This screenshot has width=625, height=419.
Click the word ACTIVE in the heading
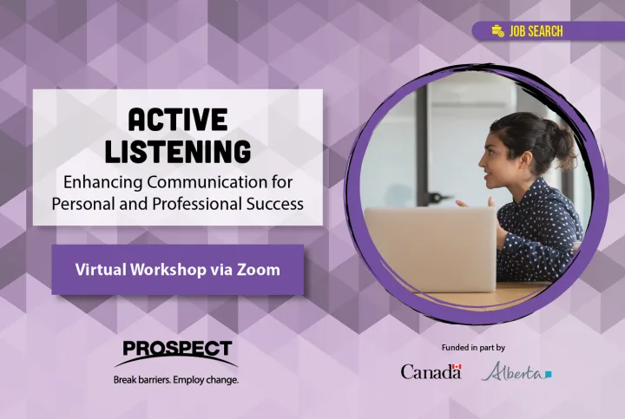tap(177, 120)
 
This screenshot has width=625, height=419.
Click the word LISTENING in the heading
tap(178, 151)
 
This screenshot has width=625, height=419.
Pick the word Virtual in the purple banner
tap(101, 270)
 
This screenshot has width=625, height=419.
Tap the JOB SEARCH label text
tap(536, 31)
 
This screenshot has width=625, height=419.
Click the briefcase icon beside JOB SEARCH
tap(498, 31)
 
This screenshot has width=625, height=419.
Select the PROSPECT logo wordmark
tap(177, 349)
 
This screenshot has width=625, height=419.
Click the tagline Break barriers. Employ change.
tap(176, 380)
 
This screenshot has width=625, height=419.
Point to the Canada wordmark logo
tap(431, 371)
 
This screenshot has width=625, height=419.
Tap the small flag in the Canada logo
tap(457, 366)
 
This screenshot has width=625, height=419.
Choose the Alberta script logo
tap(516, 371)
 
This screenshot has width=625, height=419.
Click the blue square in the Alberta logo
tap(549, 374)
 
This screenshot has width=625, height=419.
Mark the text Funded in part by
tap(473, 348)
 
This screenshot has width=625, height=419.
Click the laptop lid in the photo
tap(431, 249)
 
